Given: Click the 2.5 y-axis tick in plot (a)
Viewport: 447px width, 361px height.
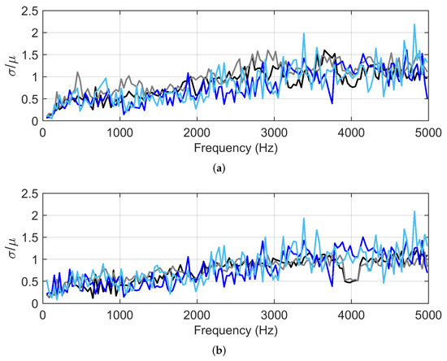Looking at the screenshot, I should coord(29,11).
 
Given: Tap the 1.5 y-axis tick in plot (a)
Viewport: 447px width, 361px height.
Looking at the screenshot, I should coord(29,55).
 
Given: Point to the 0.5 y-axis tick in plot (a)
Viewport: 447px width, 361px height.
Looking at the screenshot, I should coord(29,99).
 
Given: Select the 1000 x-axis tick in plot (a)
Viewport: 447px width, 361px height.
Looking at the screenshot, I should coord(120,133).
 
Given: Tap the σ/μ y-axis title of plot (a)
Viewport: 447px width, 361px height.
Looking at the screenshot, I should coord(10,66).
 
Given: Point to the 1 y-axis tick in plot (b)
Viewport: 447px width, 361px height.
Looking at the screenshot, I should coord(34,259).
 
